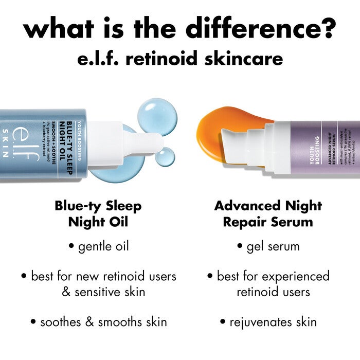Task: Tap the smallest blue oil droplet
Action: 165,157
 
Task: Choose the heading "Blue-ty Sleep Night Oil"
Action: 98,213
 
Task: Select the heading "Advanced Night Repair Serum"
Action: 268,213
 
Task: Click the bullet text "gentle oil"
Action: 103,246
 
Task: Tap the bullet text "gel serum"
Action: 273,246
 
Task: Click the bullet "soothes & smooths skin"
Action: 98,322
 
